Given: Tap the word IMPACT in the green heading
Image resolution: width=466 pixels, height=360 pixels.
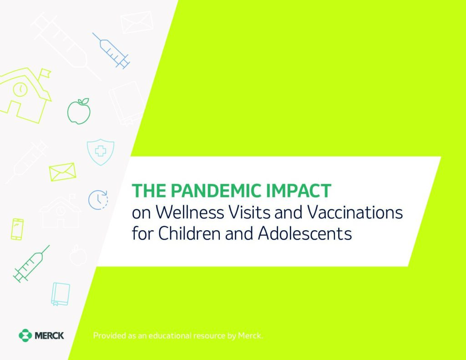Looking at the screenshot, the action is pos(299,191).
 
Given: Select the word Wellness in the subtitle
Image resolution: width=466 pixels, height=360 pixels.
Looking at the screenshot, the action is pos(190,212).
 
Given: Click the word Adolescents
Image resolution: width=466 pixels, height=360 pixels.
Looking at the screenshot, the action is pos(305,233).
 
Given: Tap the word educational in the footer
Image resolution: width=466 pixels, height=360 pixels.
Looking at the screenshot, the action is pos(170,335).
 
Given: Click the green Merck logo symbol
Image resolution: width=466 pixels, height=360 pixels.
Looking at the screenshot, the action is pos(25,335).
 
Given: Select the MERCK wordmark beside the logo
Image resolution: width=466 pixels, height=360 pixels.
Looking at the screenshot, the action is pos(49,335).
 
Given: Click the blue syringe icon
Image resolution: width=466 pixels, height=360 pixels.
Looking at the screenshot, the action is pos(111,51).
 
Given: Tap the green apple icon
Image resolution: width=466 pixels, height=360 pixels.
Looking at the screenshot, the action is pos(79,111).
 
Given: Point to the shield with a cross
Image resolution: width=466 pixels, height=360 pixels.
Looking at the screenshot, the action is pos(101,152).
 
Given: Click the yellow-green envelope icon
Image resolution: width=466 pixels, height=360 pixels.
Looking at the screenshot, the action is pos(62,172).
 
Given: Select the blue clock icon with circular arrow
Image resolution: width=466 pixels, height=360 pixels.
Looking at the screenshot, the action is pos(98,200).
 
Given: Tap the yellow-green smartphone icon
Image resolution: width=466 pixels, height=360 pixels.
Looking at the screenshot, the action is pos(17,229).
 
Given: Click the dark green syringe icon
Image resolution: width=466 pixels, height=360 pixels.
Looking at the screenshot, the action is pos(31,264).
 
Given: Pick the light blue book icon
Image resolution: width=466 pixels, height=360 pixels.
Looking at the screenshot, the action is pos(61,294).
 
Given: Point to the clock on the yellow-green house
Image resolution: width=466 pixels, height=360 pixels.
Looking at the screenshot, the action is pos(20,89).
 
